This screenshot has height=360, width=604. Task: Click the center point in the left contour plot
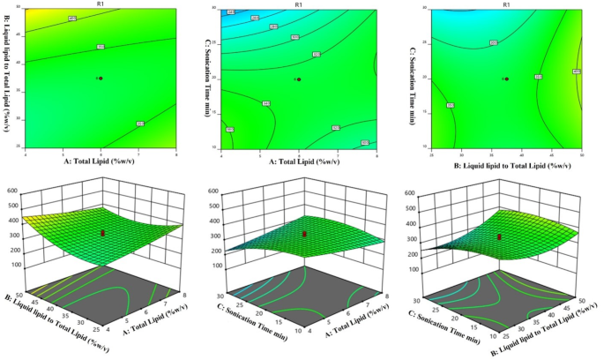tap(101, 79)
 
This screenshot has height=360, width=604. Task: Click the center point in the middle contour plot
tap(300, 79)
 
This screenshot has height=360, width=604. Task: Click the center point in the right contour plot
tap(506, 79)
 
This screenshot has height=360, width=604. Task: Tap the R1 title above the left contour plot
tap(101, 4)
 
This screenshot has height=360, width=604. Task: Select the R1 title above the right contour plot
tap(506, 4)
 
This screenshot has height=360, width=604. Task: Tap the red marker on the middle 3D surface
tap(304, 234)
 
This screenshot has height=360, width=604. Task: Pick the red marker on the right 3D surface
tap(500, 236)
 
